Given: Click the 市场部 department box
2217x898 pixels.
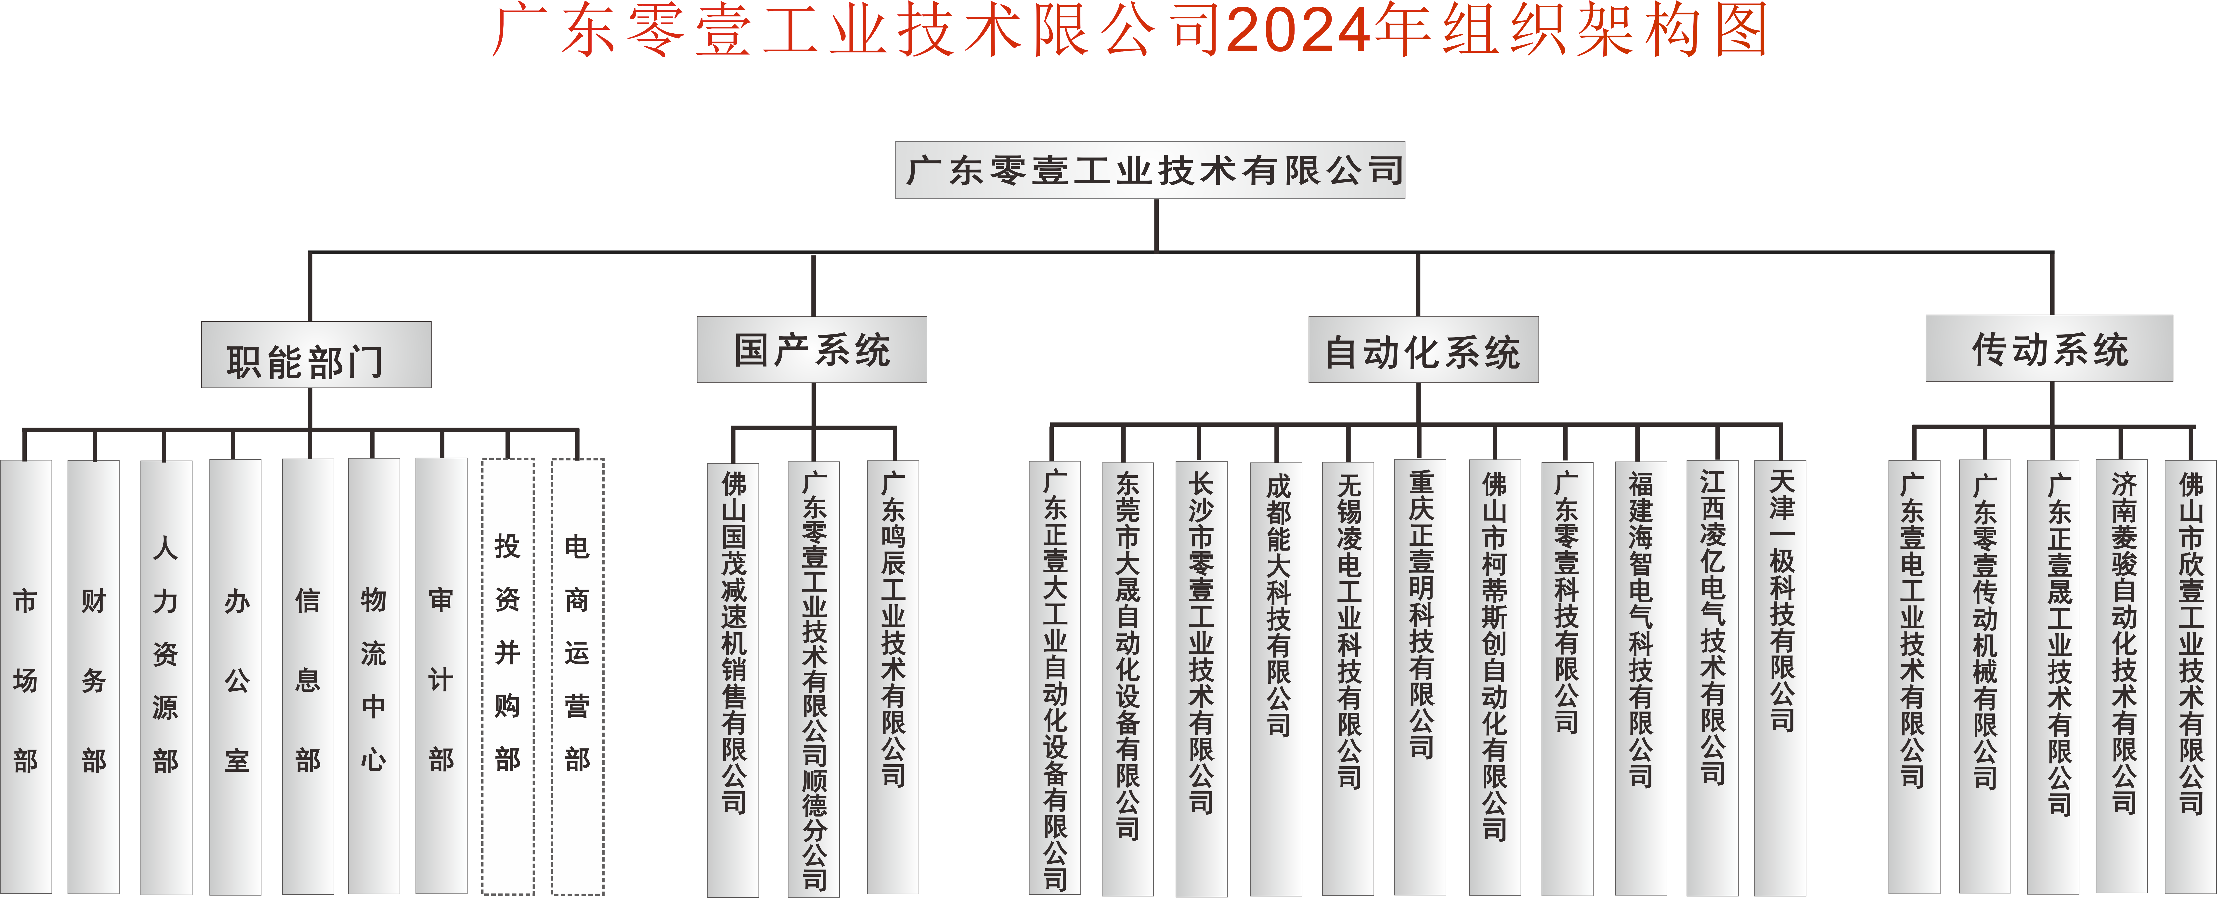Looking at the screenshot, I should click(x=26, y=677).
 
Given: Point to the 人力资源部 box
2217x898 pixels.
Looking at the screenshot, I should click(x=165, y=677).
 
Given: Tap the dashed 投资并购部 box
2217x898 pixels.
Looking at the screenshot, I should click(x=508, y=677).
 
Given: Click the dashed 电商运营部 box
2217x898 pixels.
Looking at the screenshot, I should click(x=577, y=677).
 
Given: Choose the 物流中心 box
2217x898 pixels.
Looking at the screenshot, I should click(x=374, y=677).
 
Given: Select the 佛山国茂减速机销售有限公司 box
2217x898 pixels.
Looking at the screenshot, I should click(x=733, y=680).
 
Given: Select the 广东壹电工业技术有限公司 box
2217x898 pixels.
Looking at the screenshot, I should click(x=1914, y=677).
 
